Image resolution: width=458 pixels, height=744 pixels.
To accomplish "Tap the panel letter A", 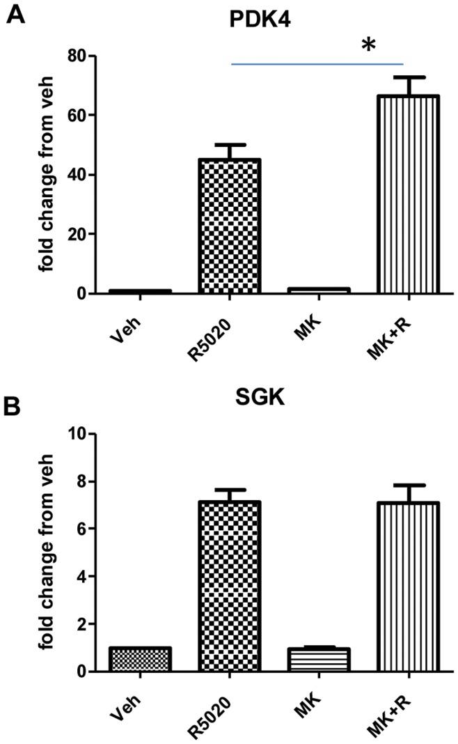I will click(17, 14).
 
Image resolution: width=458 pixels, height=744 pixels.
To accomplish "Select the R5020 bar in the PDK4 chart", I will click(229, 226).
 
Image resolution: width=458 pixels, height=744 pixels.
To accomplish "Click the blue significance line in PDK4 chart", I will click(317, 64).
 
